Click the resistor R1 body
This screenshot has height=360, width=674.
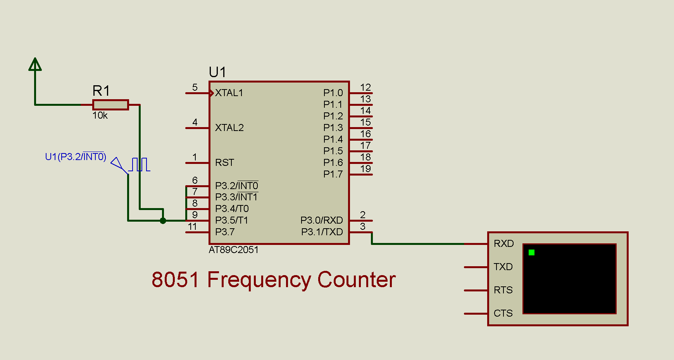click(x=110, y=105)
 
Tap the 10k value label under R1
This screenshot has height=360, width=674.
click(x=100, y=115)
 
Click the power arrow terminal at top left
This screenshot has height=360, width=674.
click(x=35, y=65)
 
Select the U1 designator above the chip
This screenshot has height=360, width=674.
click(x=217, y=72)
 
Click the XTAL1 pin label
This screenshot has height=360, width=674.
click(x=229, y=93)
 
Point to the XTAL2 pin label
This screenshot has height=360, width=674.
click(x=229, y=128)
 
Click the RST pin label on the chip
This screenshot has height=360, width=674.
click(x=225, y=163)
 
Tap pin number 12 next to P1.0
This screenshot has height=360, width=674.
click(x=365, y=87)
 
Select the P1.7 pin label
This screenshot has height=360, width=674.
click(x=333, y=174)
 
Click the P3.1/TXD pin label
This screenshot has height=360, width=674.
click(x=322, y=232)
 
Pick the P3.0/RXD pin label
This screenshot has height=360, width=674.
click(x=322, y=220)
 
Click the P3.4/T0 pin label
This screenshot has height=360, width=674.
click(x=232, y=209)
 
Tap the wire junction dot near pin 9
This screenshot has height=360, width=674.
click(x=163, y=221)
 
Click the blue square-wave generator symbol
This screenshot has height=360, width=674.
click(x=140, y=164)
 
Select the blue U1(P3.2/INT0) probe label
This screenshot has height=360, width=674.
click(x=76, y=157)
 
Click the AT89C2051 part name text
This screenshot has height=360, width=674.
click(x=233, y=250)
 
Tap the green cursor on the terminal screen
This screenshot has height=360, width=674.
click(x=531, y=253)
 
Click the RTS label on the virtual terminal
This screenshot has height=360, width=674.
click(x=503, y=290)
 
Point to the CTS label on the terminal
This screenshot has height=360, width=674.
click(x=503, y=313)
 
